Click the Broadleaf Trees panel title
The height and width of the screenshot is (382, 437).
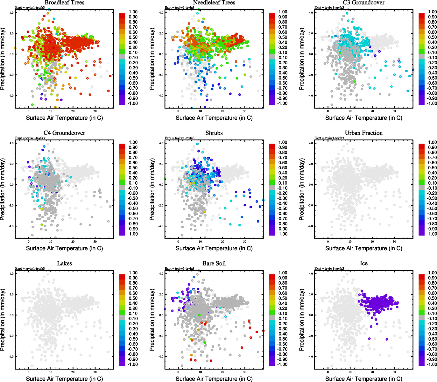tap(64, 3)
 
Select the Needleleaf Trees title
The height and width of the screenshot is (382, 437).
tap(214, 3)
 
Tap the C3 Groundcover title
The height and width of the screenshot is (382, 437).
tap(363, 3)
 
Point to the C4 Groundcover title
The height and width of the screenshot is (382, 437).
tap(64, 133)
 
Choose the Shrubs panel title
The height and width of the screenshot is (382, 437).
tap(214, 133)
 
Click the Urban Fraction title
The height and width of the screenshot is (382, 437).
tap(363, 133)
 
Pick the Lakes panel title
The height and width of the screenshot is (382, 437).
tap(64, 263)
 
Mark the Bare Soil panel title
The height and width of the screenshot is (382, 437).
tap(214, 263)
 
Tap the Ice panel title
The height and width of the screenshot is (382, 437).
tap(363, 263)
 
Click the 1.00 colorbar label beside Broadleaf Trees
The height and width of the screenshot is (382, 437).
tap(133, 12)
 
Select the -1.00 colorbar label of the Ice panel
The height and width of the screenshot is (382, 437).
tap(432, 364)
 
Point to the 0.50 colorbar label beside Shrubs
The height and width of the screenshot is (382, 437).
tap(283, 168)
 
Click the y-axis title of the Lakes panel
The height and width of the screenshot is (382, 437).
tap(3, 320)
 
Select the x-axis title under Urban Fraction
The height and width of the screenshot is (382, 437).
tap(363, 248)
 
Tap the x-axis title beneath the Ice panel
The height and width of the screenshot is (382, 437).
tap(363, 379)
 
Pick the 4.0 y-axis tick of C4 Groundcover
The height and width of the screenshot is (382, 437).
tap(11, 143)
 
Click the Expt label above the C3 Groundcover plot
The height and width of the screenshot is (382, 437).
tap(329, 8)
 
